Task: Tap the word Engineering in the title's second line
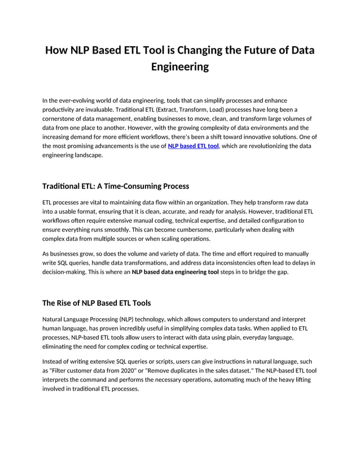coord(180,67)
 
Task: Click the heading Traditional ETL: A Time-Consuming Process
coord(116,186)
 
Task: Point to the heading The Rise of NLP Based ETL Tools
coord(96,303)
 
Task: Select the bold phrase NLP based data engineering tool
coord(175,272)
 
